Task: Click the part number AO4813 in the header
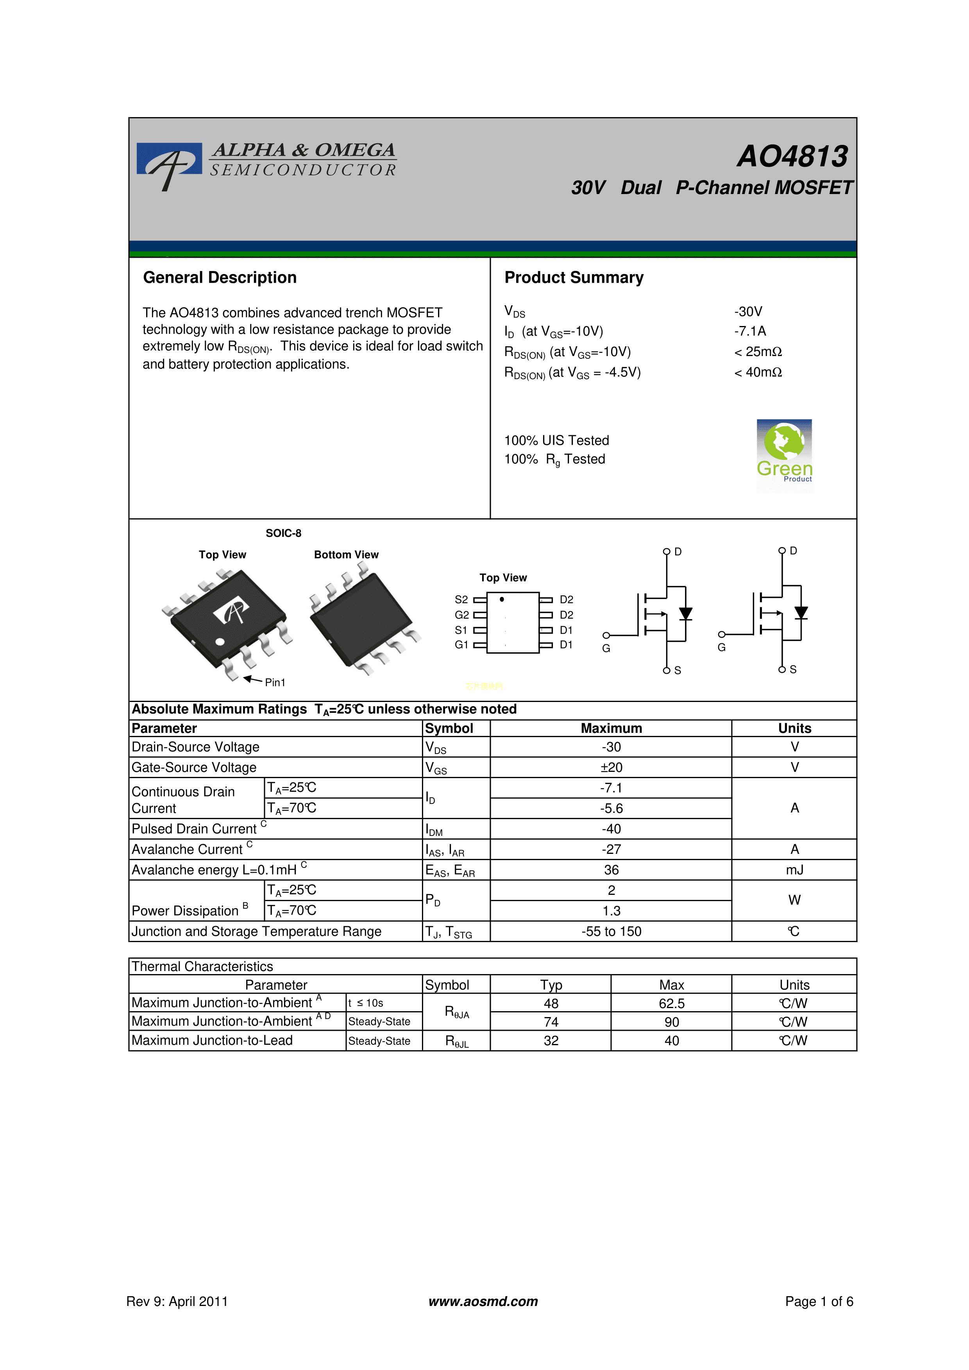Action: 792,156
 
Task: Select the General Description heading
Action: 220,278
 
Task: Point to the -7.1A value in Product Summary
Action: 750,331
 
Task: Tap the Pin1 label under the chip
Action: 275,682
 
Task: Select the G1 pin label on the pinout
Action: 461,645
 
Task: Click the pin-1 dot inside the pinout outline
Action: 502,599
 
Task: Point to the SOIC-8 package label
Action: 284,533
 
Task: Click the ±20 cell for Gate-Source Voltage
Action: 611,767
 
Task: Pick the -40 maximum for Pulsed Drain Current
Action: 611,829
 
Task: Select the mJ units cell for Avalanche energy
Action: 795,870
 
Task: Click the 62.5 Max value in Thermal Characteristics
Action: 672,1004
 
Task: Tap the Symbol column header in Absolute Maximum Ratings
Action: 449,728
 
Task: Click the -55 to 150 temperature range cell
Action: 611,932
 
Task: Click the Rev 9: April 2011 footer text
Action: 177,1301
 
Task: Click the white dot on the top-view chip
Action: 220,642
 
